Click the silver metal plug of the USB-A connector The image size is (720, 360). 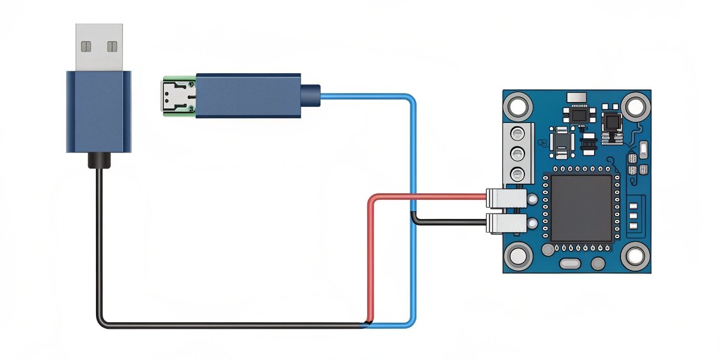pos(100,47)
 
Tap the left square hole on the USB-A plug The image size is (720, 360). pos(86,46)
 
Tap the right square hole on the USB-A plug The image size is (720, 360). pos(112,46)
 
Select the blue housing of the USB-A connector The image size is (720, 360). pos(98,111)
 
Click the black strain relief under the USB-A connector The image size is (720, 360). pos(98,160)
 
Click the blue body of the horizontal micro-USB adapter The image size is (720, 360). pos(248,95)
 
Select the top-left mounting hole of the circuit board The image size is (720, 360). pos(518,106)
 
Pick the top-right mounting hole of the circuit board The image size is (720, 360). pos(633,106)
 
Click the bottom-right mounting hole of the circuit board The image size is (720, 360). pos(634,257)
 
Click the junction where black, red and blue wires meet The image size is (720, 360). pos(367,325)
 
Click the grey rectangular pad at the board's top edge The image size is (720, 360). pos(576,98)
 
